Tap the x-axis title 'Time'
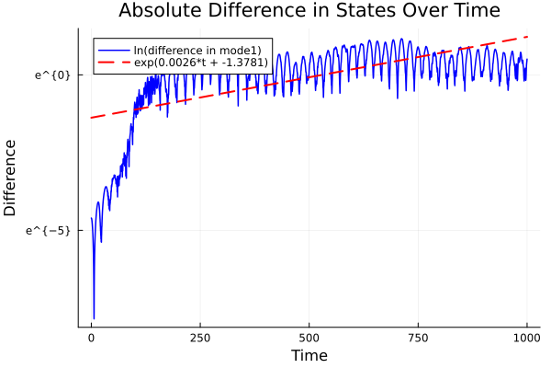click(309, 355)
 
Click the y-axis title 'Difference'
click(11, 178)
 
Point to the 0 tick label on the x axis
click(91, 338)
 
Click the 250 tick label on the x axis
click(200, 338)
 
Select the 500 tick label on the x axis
click(309, 338)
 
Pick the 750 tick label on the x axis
click(418, 338)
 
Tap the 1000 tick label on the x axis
click(526, 338)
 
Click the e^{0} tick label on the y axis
click(53, 75)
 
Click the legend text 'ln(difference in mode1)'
click(197, 50)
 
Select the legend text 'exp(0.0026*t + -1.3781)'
click(201, 63)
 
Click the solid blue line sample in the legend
click(114, 50)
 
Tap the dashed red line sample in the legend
click(114, 63)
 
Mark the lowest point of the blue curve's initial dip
click(94, 317)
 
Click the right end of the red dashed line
click(527, 37)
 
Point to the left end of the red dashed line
click(91, 118)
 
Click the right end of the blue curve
click(527, 59)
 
